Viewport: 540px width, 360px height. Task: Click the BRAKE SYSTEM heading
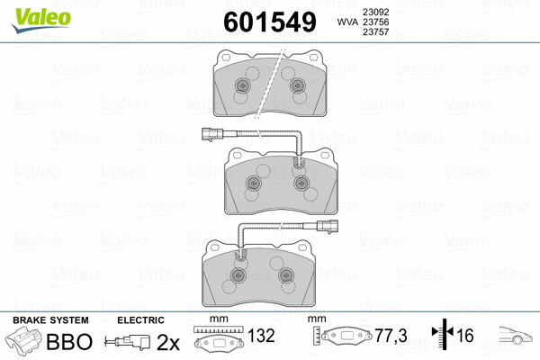[49, 320]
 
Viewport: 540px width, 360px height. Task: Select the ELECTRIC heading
[140, 320]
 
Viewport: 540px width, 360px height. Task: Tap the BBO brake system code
[70, 342]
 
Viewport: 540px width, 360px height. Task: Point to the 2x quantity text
[167, 342]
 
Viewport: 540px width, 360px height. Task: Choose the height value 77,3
[390, 336]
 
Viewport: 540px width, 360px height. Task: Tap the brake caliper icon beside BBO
[27, 342]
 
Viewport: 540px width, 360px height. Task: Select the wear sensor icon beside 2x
[128, 342]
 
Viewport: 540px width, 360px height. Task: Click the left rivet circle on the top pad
[242, 87]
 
